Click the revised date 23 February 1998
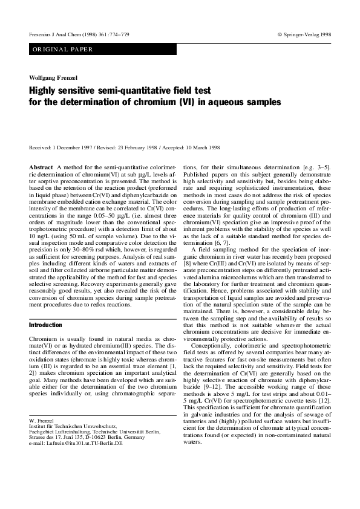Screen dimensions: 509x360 [x=140, y=148]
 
